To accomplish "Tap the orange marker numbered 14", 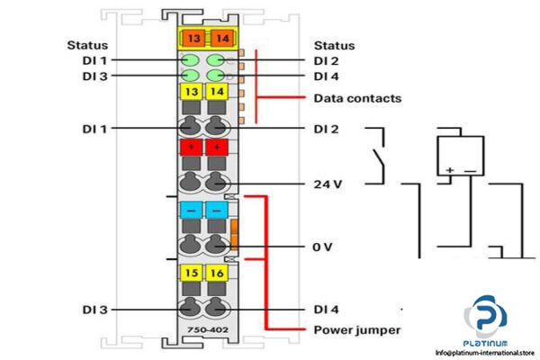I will tap(218, 38).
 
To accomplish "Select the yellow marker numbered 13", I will tap(192, 92).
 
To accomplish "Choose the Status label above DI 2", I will tap(334, 45).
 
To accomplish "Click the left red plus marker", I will tap(192, 147).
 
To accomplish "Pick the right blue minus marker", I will tap(218, 209).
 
